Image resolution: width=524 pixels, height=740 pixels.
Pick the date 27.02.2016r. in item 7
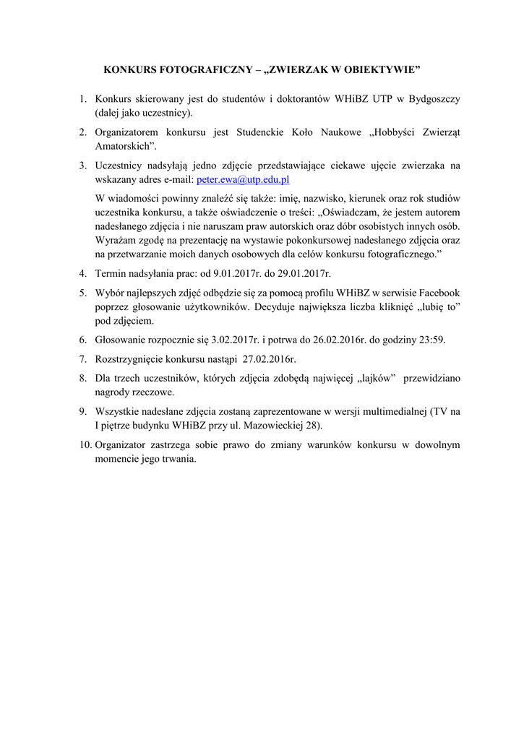[x=270, y=358]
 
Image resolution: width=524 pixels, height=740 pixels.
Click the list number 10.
[x=85, y=444]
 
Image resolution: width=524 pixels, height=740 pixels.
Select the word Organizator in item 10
[x=121, y=444]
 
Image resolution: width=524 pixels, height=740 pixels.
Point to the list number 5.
[x=83, y=293]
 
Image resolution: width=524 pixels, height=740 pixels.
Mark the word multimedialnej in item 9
[x=391, y=411]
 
